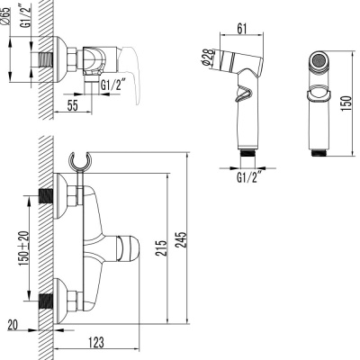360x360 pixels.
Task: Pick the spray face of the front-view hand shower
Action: tap(319, 64)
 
